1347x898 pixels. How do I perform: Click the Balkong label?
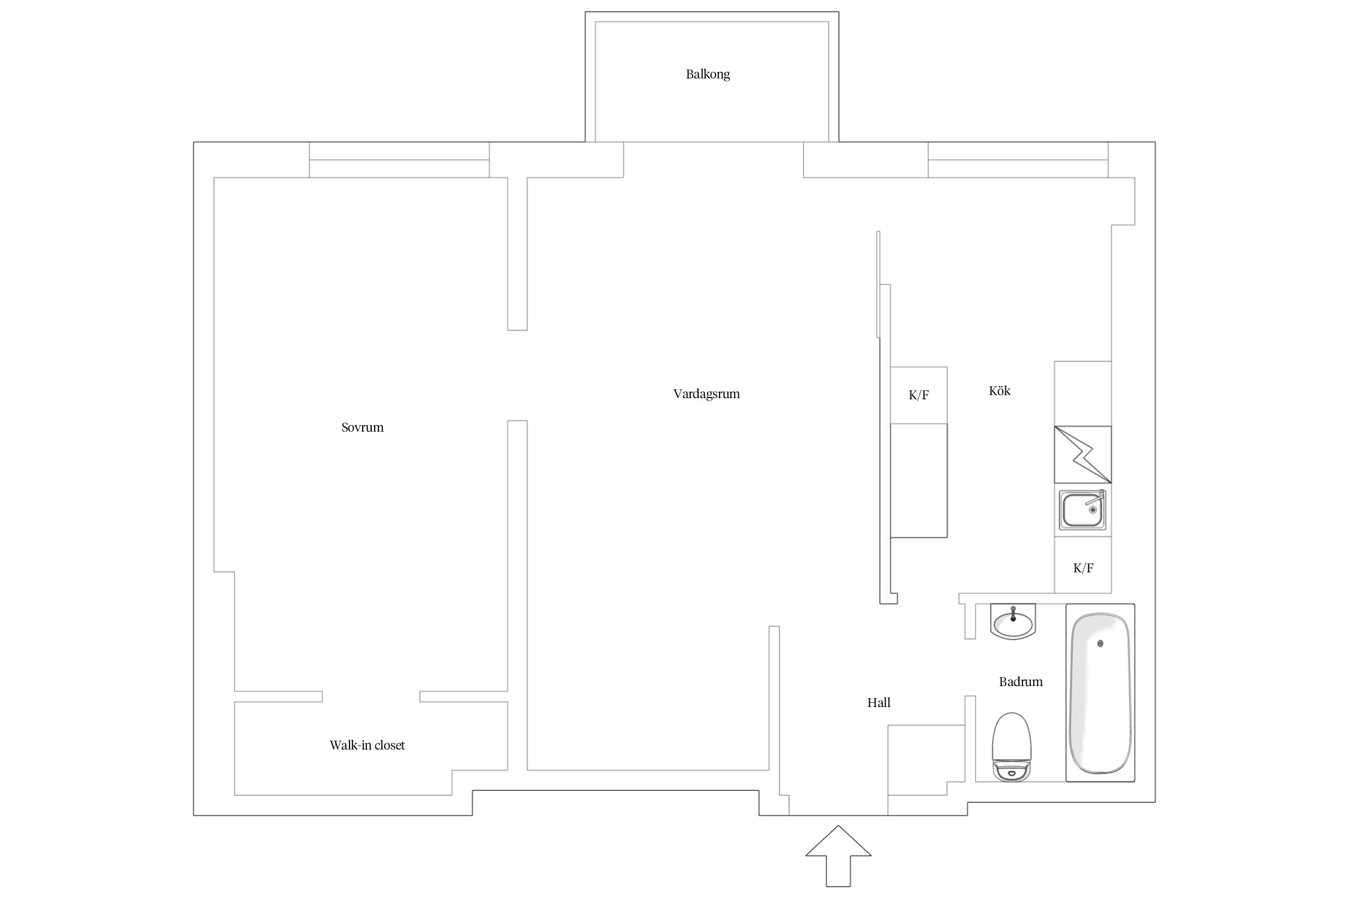(708, 74)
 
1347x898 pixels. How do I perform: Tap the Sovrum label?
(362, 427)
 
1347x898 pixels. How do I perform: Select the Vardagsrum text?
(706, 394)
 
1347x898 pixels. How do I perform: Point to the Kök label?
(1000, 391)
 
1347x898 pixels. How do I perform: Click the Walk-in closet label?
(367, 745)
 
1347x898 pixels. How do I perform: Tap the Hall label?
(879, 703)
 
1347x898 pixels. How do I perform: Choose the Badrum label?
(1021, 682)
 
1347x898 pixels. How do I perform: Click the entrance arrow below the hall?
(838, 856)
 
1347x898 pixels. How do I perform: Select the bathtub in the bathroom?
(1100, 693)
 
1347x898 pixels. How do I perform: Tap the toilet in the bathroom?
(1012, 747)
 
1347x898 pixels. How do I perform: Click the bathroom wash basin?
(1013, 622)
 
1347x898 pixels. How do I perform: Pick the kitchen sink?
(1082, 510)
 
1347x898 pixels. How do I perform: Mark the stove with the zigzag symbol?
(1083, 454)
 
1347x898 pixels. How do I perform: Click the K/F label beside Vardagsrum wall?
(918, 395)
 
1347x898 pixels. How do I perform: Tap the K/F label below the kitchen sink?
(1083, 568)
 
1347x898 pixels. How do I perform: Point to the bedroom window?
(399, 160)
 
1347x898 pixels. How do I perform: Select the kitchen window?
(1018, 160)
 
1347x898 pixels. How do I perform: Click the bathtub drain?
(1100, 644)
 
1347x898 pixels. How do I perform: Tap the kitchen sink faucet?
(1097, 498)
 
